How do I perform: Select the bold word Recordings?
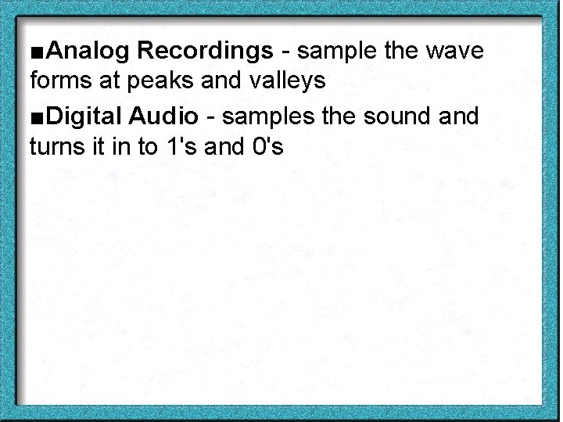click(205, 52)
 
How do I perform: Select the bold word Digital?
click(84, 116)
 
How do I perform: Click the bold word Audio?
click(164, 116)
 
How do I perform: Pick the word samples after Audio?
click(271, 116)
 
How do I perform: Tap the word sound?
click(402, 116)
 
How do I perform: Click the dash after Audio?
click(212, 118)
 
